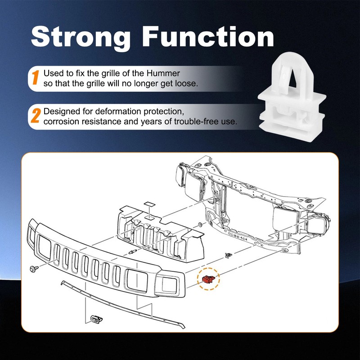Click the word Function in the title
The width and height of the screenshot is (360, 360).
click(208, 36)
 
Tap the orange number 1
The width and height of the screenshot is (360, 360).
click(36, 77)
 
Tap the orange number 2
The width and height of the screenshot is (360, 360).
click(36, 116)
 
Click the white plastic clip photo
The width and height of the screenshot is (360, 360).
click(292, 96)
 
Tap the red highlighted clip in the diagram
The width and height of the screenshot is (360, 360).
click(208, 279)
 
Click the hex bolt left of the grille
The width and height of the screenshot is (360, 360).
click(34, 269)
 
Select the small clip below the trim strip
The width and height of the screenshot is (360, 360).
click(96, 319)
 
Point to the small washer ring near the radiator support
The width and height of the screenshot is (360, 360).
click(199, 224)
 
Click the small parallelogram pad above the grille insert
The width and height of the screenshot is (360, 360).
click(149, 204)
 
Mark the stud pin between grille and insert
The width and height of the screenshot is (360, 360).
click(132, 252)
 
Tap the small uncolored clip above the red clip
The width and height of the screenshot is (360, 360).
click(229, 255)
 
